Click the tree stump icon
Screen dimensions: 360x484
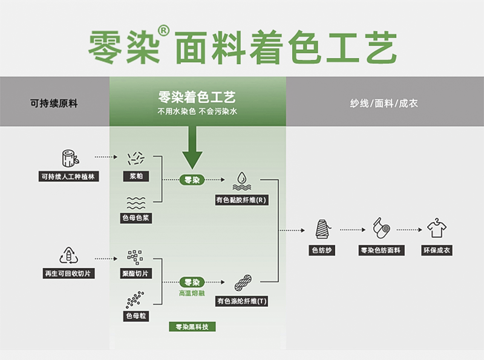point(69,159)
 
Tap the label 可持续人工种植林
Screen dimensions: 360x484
point(69,177)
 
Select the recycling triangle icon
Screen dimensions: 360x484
point(69,255)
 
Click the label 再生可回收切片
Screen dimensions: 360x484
point(69,273)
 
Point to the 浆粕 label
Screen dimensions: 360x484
point(136,177)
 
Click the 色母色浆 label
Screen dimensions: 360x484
point(136,218)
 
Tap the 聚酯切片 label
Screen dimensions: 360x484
point(136,273)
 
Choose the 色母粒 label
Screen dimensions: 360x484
point(136,316)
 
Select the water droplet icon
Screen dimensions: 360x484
point(241,179)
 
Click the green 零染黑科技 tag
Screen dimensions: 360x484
point(192,327)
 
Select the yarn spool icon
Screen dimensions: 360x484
point(322,229)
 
